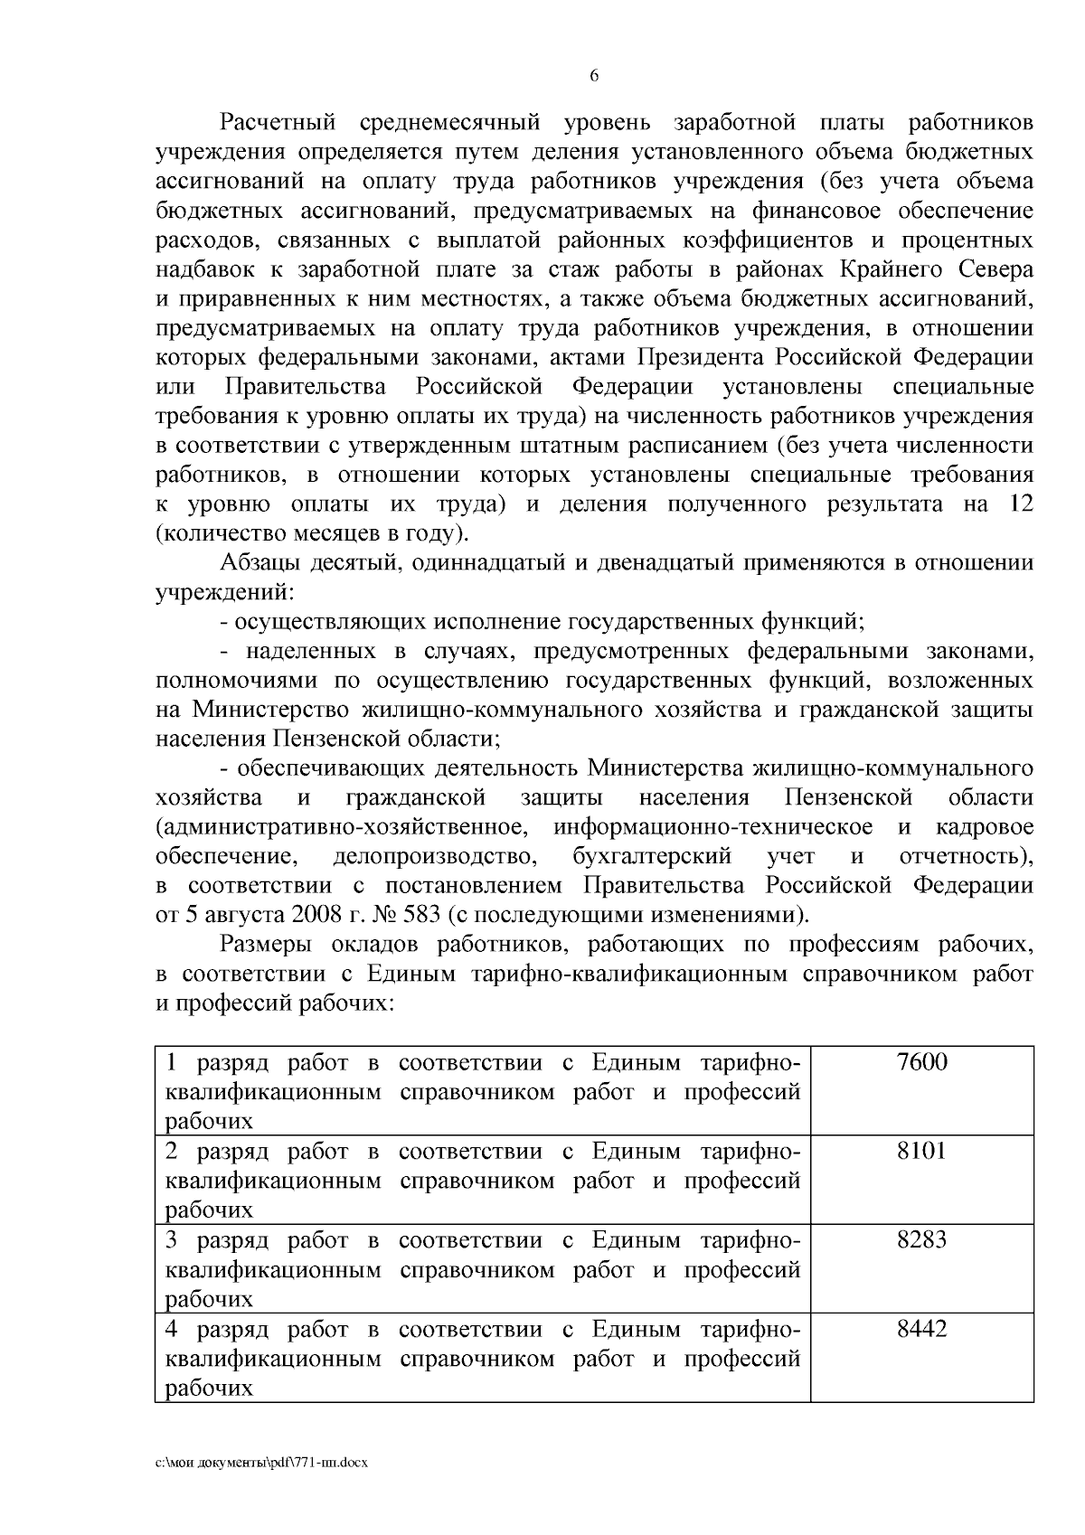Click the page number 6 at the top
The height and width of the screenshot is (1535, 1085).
coord(594,76)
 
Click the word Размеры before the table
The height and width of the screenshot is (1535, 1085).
coord(267,945)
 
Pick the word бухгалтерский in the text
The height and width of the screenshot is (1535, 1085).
coord(651,855)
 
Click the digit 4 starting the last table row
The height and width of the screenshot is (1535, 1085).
coord(172,1329)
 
